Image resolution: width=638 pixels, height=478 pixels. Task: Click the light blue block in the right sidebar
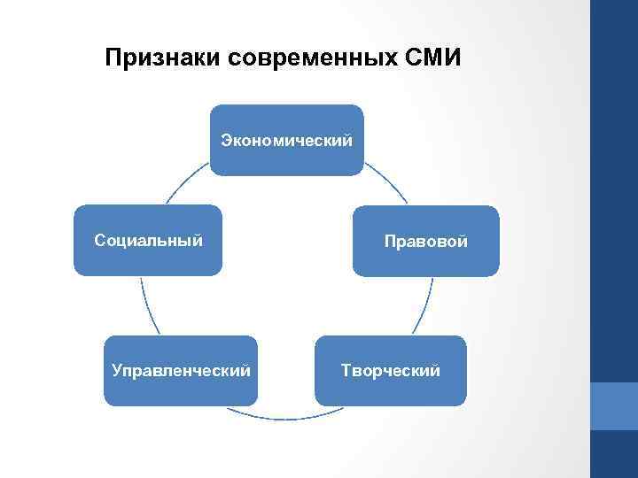click(x=614, y=406)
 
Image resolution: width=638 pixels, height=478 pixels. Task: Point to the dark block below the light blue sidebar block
click(x=614, y=454)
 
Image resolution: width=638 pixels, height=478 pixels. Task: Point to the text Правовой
click(x=425, y=242)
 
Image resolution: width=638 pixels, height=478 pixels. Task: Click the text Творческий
click(x=391, y=370)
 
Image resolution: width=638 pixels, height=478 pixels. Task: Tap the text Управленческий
click(x=181, y=370)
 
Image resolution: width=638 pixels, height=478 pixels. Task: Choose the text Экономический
click(x=286, y=140)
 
